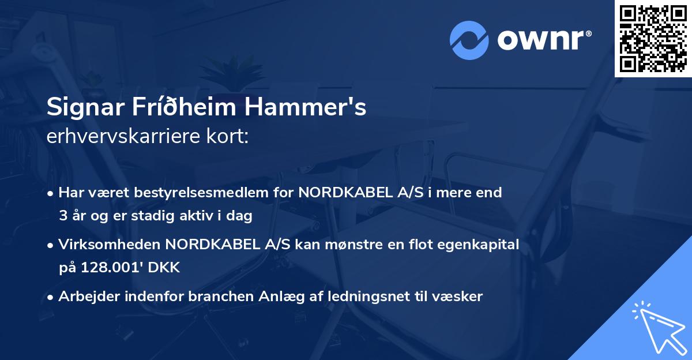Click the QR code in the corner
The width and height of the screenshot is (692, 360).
coord(653,39)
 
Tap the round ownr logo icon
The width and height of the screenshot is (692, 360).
coord(469,40)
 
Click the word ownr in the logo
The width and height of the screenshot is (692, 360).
coord(542,40)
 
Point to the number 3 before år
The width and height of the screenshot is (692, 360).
coord(63,216)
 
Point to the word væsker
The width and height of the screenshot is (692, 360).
coord(458,297)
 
